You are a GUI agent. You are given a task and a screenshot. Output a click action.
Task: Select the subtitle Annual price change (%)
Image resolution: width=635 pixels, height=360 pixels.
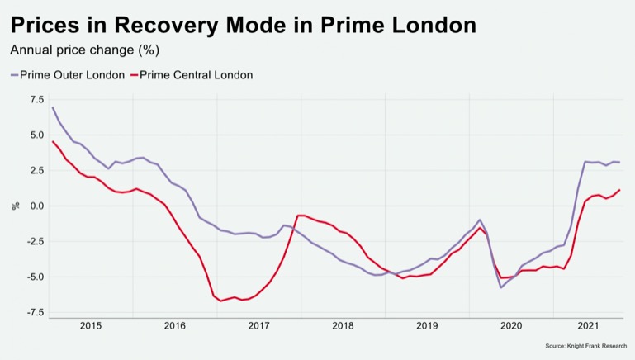pos(84,50)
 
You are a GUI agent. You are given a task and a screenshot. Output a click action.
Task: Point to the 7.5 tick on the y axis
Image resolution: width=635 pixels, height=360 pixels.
pos(36,99)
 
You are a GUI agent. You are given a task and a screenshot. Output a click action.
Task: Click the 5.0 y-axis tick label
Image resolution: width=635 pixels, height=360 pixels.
pos(36,135)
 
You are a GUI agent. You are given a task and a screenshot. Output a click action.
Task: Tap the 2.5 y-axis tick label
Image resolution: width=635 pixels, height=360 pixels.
pos(36,170)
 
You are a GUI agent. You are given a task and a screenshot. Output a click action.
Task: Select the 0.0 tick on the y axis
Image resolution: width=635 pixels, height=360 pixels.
pos(36,206)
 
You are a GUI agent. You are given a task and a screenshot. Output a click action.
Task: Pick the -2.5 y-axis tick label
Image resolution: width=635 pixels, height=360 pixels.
pos(35,241)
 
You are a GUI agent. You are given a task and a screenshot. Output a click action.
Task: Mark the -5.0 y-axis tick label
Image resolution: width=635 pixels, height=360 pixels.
pos(35,277)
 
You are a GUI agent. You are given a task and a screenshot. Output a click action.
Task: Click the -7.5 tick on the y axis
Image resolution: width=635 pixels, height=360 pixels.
pos(35,312)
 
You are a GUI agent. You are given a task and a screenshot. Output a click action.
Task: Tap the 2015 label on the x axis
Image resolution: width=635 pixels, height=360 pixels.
pos(91,326)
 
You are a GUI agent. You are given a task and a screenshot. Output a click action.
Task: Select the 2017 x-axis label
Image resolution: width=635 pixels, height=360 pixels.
pos(258,326)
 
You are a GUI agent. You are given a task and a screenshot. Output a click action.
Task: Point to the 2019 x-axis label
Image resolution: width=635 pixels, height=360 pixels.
pos(427,326)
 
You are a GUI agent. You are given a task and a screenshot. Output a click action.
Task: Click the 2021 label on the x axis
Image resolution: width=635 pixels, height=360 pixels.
pos(587,326)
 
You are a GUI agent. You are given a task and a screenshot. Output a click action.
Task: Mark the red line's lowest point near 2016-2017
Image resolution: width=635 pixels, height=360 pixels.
pos(220,301)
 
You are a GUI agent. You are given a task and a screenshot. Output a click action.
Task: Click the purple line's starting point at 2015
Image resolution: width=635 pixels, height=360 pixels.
pos(52,107)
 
